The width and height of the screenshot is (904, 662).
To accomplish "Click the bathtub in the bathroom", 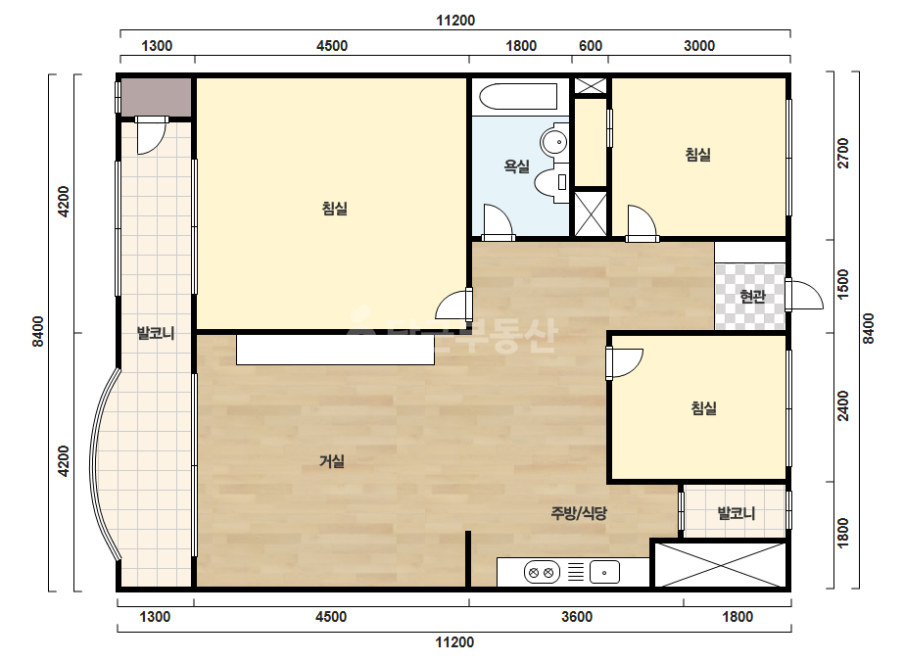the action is click(518, 96).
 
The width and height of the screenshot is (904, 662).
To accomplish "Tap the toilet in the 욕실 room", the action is click(551, 181).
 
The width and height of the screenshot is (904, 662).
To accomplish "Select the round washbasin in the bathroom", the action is click(554, 141).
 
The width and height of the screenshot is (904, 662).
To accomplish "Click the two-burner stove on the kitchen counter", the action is click(542, 573).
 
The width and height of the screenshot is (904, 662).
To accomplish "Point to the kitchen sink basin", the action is click(604, 573).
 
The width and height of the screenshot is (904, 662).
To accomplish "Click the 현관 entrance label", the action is click(752, 297).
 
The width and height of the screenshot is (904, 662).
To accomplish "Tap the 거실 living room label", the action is click(332, 461).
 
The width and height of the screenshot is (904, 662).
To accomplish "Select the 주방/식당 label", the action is click(579, 512).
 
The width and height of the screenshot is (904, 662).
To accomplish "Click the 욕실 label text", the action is click(516, 166).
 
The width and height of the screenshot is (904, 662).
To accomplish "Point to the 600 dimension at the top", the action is click(590, 46).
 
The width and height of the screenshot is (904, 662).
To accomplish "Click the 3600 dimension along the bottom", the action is click(577, 616).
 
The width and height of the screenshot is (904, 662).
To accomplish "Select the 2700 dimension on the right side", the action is click(843, 153).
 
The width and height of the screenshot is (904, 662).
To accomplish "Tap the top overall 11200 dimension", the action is click(454, 21).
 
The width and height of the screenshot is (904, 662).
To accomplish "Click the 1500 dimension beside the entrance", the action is click(843, 284).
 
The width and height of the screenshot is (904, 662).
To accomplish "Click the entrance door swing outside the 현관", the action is click(806, 295).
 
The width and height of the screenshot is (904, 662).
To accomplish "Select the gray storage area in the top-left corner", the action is click(156, 97).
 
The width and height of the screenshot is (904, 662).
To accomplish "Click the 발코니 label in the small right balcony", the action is click(736, 512).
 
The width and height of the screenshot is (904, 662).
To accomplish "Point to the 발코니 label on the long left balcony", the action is click(155, 333).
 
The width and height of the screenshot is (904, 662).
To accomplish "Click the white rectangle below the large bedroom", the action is click(335, 350).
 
